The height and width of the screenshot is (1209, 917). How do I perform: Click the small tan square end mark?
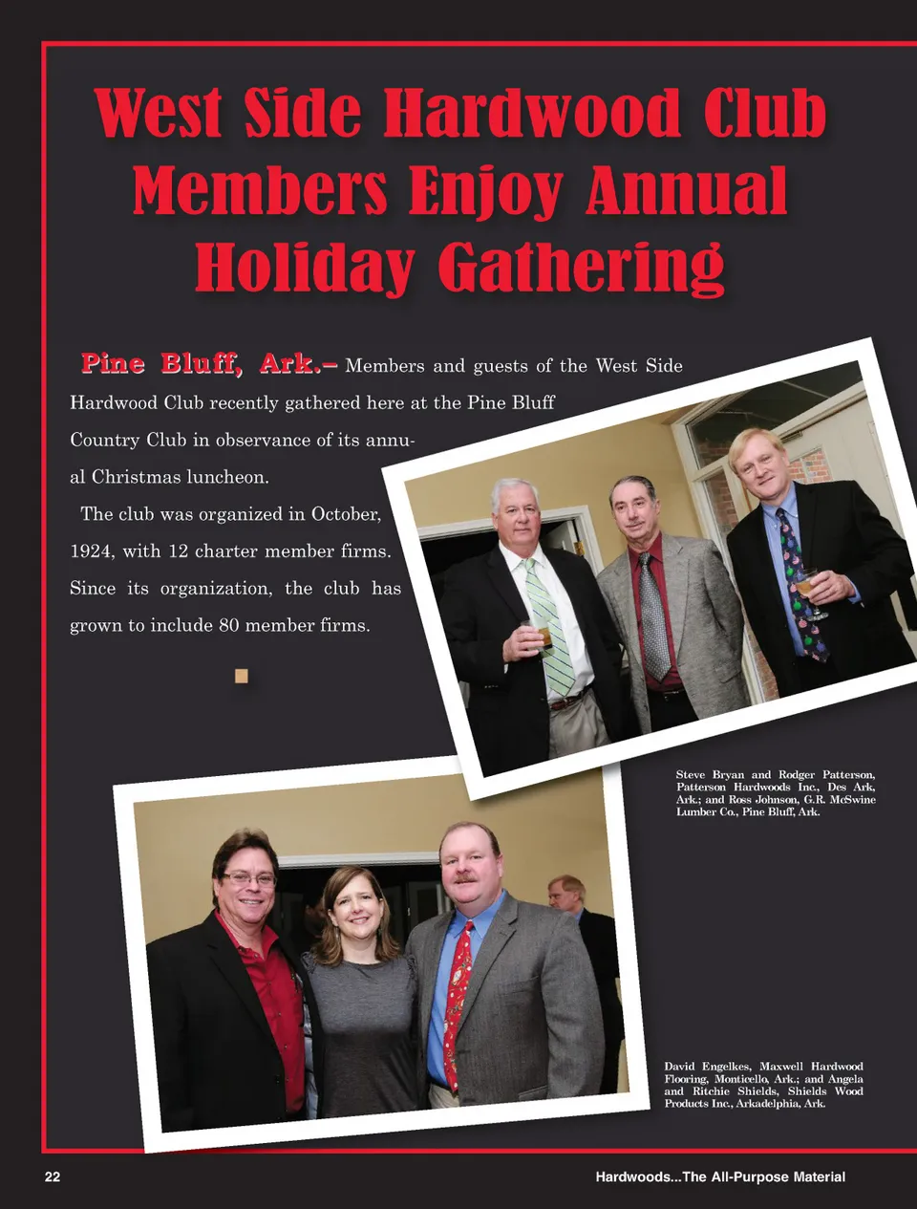point(242,676)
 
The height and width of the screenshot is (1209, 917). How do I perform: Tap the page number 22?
point(53,1177)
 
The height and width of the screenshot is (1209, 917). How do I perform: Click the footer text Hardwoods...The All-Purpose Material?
point(720,1177)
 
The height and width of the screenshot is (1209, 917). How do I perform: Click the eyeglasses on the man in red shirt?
point(248,878)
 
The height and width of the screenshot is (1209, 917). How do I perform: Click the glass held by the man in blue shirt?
point(808,584)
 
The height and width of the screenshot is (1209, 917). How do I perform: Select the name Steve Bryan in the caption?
point(709,774)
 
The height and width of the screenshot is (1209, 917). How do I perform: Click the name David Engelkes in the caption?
point(707,1066)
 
